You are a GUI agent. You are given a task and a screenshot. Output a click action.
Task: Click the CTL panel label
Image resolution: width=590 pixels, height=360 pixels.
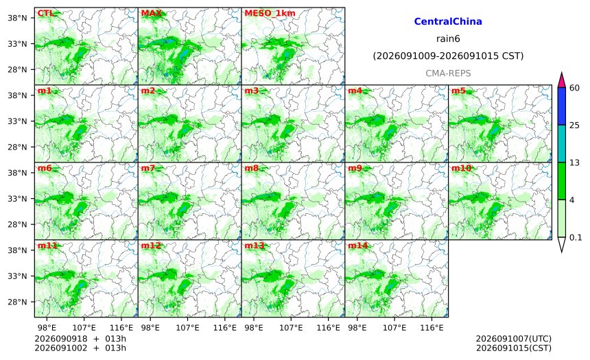45,13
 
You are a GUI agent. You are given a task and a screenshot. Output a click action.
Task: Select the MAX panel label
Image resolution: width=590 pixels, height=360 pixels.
151,13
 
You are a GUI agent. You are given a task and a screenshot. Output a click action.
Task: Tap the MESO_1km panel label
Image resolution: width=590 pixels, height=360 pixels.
270,13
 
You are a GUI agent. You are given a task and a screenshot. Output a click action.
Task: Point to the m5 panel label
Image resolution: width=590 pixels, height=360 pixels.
458,91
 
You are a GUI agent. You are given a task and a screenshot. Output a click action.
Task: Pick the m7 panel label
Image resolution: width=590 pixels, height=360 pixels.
148,168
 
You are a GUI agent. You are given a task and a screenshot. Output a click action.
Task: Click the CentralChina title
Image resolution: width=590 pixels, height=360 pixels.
448,21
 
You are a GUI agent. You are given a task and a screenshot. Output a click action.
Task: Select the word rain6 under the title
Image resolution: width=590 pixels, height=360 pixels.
448,39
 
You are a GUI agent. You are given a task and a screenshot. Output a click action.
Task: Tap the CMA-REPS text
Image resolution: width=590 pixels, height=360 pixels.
448,73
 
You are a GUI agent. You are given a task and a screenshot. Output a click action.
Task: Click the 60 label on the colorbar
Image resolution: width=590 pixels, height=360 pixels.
574,88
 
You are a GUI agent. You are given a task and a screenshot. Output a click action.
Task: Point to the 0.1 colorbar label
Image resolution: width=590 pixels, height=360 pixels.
576,237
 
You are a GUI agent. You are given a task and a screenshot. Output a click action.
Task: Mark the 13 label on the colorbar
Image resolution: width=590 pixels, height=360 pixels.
574,163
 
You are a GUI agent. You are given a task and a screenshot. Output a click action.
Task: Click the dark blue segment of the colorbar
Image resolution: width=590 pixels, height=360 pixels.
561,106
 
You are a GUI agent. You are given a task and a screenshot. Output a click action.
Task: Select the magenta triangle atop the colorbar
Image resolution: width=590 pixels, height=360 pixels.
561,80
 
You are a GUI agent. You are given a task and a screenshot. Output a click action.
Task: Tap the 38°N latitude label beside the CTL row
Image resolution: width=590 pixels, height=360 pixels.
17,18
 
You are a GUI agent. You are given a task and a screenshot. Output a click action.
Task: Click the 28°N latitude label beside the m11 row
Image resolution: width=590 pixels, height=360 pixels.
17,302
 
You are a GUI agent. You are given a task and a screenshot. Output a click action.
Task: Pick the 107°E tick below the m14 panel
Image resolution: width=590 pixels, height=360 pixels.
394,328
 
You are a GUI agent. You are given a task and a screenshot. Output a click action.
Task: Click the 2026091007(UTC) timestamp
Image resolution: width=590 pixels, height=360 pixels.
514,339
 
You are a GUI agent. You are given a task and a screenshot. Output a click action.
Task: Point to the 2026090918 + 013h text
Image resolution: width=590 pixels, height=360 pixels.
80,339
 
